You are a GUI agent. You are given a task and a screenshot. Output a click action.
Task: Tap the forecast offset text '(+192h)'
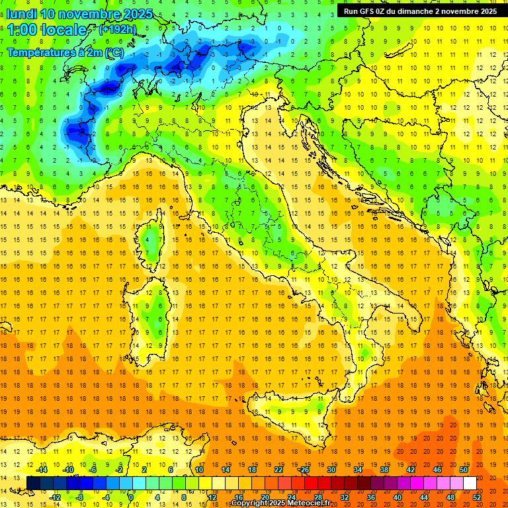pyautogui.click(x=118, y=29)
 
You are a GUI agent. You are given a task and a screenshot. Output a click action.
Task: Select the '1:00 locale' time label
pyautogui.click(x=46, y=30)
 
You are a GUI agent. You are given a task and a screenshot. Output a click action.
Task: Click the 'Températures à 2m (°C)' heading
pyautogui.click(x=65, y=52)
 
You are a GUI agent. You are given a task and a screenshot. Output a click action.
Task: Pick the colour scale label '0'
pyautogui.click(x=131, y=497)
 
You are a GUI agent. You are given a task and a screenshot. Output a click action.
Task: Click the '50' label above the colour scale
pyautogui.click(x=463, y=470)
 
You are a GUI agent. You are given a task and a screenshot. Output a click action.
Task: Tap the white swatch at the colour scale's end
pyautogui.click(x=470, y=483)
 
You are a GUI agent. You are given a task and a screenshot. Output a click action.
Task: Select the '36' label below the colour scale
pyautogui.click(x=372, y=497)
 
